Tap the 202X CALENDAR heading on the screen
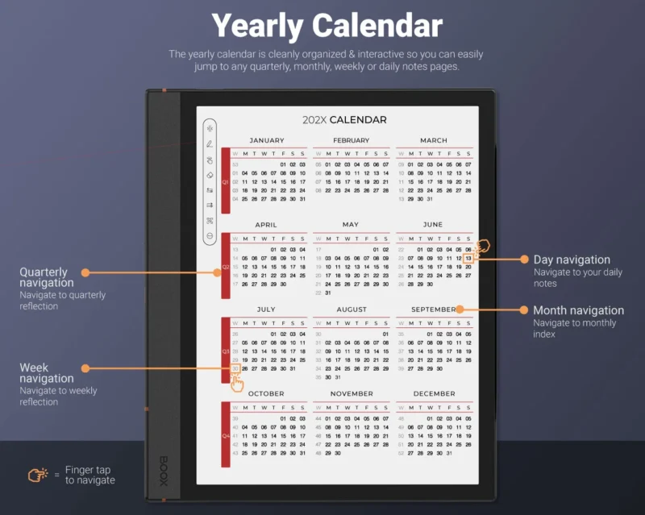pos(344,120)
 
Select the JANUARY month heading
pos(267,140)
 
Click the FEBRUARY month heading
pos(351,140)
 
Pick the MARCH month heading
pos(434,140)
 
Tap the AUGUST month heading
pos(351,309)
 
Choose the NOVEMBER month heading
pos(351,394)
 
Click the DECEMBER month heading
pos(434,394)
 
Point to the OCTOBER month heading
pos(267,394)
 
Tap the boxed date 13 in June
pos(468,258)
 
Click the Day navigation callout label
pos(572,260)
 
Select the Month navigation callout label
pos(578,310)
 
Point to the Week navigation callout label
pos(46,373)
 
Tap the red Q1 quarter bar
pos(226,181)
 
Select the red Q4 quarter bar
pos(226,435)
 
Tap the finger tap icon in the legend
pos(38,475)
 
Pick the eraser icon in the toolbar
pos(210,174)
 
